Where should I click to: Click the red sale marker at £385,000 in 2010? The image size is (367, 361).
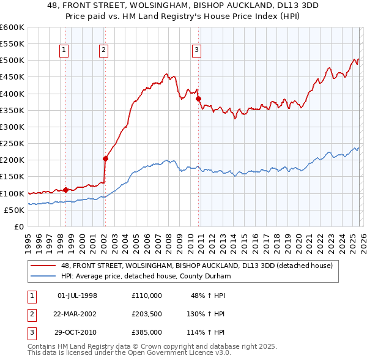coord(199,99)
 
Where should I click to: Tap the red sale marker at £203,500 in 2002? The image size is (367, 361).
coord(105,158)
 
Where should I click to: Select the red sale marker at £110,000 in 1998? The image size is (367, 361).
coord(65,190)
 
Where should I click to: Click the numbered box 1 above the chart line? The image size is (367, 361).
coord(65,51)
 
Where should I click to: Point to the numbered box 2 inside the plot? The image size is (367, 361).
coord(104,51)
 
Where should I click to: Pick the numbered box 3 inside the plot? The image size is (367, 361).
coord(197,51)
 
